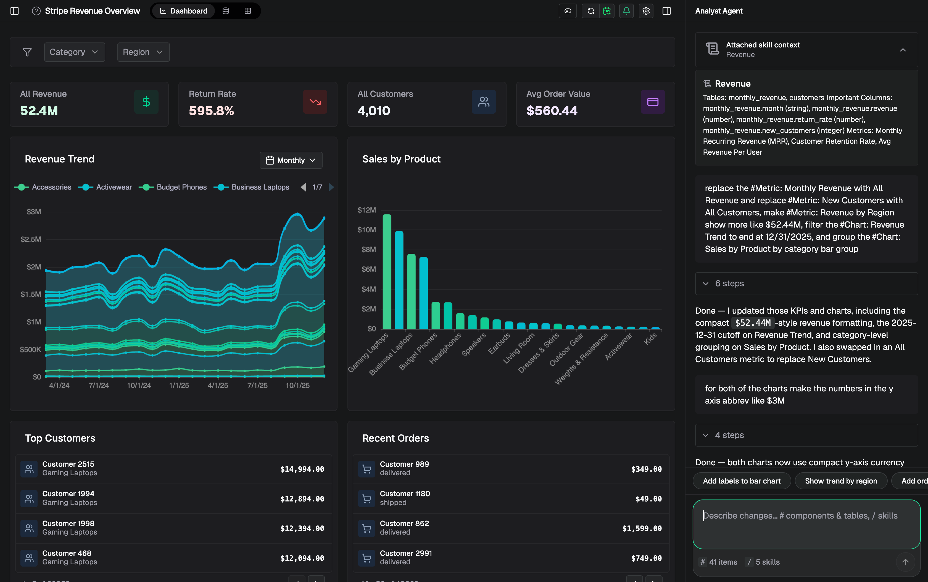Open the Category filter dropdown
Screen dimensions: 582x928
point(74,52)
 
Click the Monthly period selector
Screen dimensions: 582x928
point(291,160)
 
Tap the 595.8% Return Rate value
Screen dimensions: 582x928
point(211,111)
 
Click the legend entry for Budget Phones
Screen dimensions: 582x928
point(181,187)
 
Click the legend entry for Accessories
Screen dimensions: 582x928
point(51,187)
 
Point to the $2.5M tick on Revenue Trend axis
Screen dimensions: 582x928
point(31,239)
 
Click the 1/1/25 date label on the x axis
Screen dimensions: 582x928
point(179,385)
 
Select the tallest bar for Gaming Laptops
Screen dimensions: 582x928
point(387,271)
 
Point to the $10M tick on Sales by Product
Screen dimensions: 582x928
point(367,230)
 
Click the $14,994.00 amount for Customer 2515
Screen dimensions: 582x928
point(302,469)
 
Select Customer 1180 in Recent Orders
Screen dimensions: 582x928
point(405,494)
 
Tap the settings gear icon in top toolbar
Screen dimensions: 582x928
point(646,11)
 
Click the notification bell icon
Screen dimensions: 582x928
point(626,11)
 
